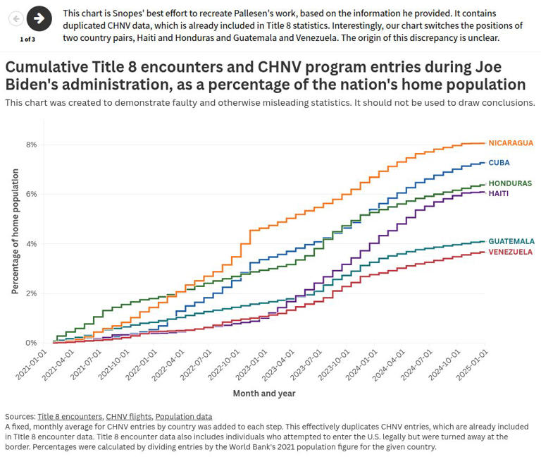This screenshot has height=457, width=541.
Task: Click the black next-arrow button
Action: pyautogui.click(x=39, y=19)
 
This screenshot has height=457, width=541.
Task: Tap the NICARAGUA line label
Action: pyautogui.click(x=511, y=143)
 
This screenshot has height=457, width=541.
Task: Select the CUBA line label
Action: pyautogui.click(x=499, y=163)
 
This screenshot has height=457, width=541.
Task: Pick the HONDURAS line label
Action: pyautogui.click(x=510, y=183)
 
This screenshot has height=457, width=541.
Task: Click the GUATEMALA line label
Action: pyautogui.click(x=511, y=241)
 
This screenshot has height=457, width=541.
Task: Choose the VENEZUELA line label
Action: pyautogui.click(x=511, y=252)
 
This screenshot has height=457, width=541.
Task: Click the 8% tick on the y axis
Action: pyautogui.click(x=32, y=145)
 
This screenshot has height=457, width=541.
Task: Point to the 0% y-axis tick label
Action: pyautogui.click(x=32, y=343)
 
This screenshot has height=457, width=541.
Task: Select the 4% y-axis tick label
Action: pyautogui.click(x=32, y=244)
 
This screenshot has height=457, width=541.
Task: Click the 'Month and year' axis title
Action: pyautogui.click(x=264, y=394)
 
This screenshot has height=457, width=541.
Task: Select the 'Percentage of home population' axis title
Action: pyautogui.click(x=15, y=235)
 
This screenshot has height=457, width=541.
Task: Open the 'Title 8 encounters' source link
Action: pyautogui.click(x=70, y=417)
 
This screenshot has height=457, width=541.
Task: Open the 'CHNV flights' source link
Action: pyautogui.click(x=128, y=417)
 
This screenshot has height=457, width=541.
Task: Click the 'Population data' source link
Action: pyautogui.click(x=183, y=417)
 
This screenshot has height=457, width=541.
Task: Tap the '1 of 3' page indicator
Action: pyautogui.click(x=27, y=39)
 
